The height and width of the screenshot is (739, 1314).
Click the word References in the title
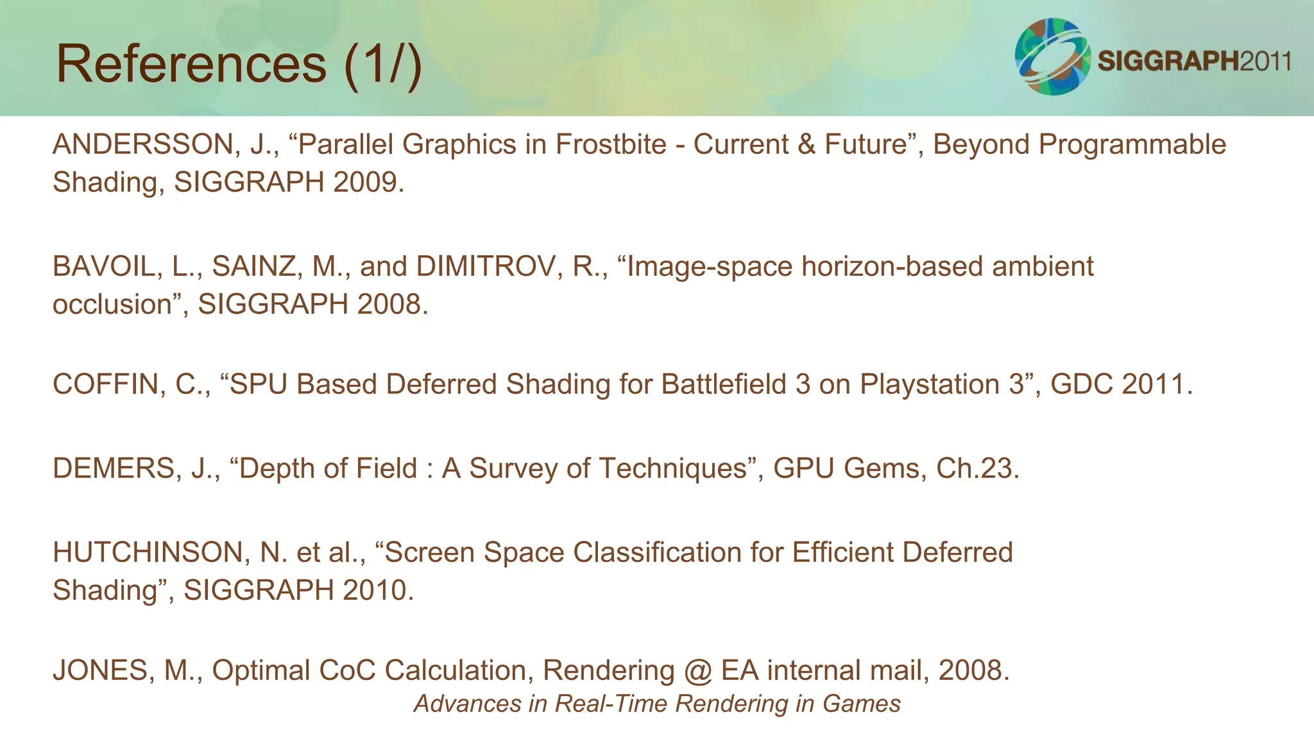(x=191, y=64)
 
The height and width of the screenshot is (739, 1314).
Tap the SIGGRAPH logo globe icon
(x=1052, y=56)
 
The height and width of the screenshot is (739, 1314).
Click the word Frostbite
(x=611, y=144)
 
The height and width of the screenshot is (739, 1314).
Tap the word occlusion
(x=112, y=304)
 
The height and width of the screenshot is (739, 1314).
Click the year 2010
(x=374, y=590)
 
